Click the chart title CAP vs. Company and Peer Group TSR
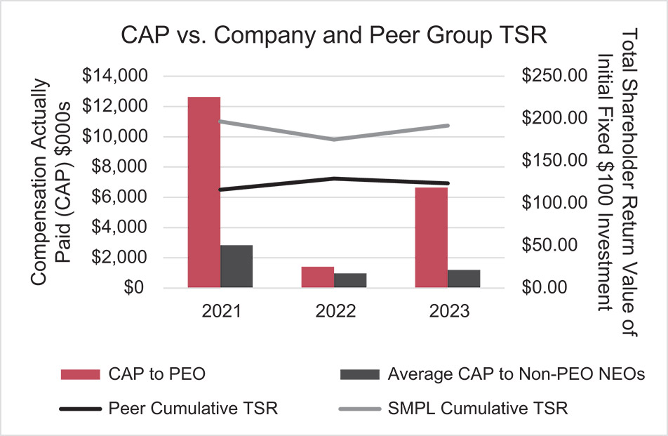(333, 36)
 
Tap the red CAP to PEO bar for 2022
(317, 277)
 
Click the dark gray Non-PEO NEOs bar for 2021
(236, 266)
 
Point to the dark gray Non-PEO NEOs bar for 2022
(350, 280)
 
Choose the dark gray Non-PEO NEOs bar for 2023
(464, 279)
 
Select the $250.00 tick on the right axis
(552, 76)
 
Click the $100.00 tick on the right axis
(552, 203)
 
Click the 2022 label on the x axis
(333, 311)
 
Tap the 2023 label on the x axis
(447, 311)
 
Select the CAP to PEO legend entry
(133, 374)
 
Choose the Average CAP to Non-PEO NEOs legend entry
(491, 374)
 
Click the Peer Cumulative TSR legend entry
(169, 408)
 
